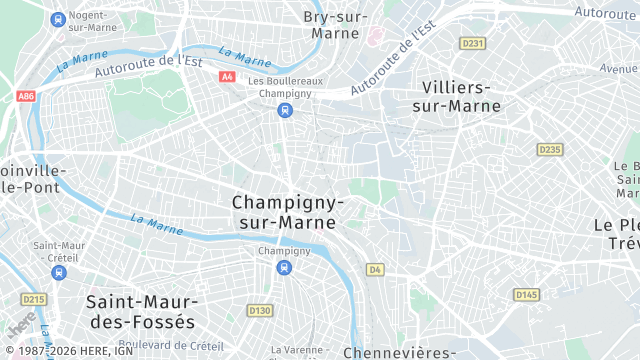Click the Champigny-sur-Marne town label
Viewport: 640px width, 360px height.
288,211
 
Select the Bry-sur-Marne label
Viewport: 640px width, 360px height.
335,25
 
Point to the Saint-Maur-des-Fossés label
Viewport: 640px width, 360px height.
141,311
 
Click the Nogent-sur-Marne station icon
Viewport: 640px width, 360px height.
58,19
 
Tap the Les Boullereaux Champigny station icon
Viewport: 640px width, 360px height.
285,110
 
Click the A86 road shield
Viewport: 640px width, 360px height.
25,97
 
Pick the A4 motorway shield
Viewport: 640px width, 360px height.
227,76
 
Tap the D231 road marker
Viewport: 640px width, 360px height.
472,43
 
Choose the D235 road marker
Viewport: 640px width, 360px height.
549,149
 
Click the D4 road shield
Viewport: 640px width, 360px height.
375,269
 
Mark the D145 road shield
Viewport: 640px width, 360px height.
526,294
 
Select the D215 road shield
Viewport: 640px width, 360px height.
34,299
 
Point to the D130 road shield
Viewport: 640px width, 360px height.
259,310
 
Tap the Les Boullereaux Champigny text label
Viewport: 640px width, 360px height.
285,87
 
